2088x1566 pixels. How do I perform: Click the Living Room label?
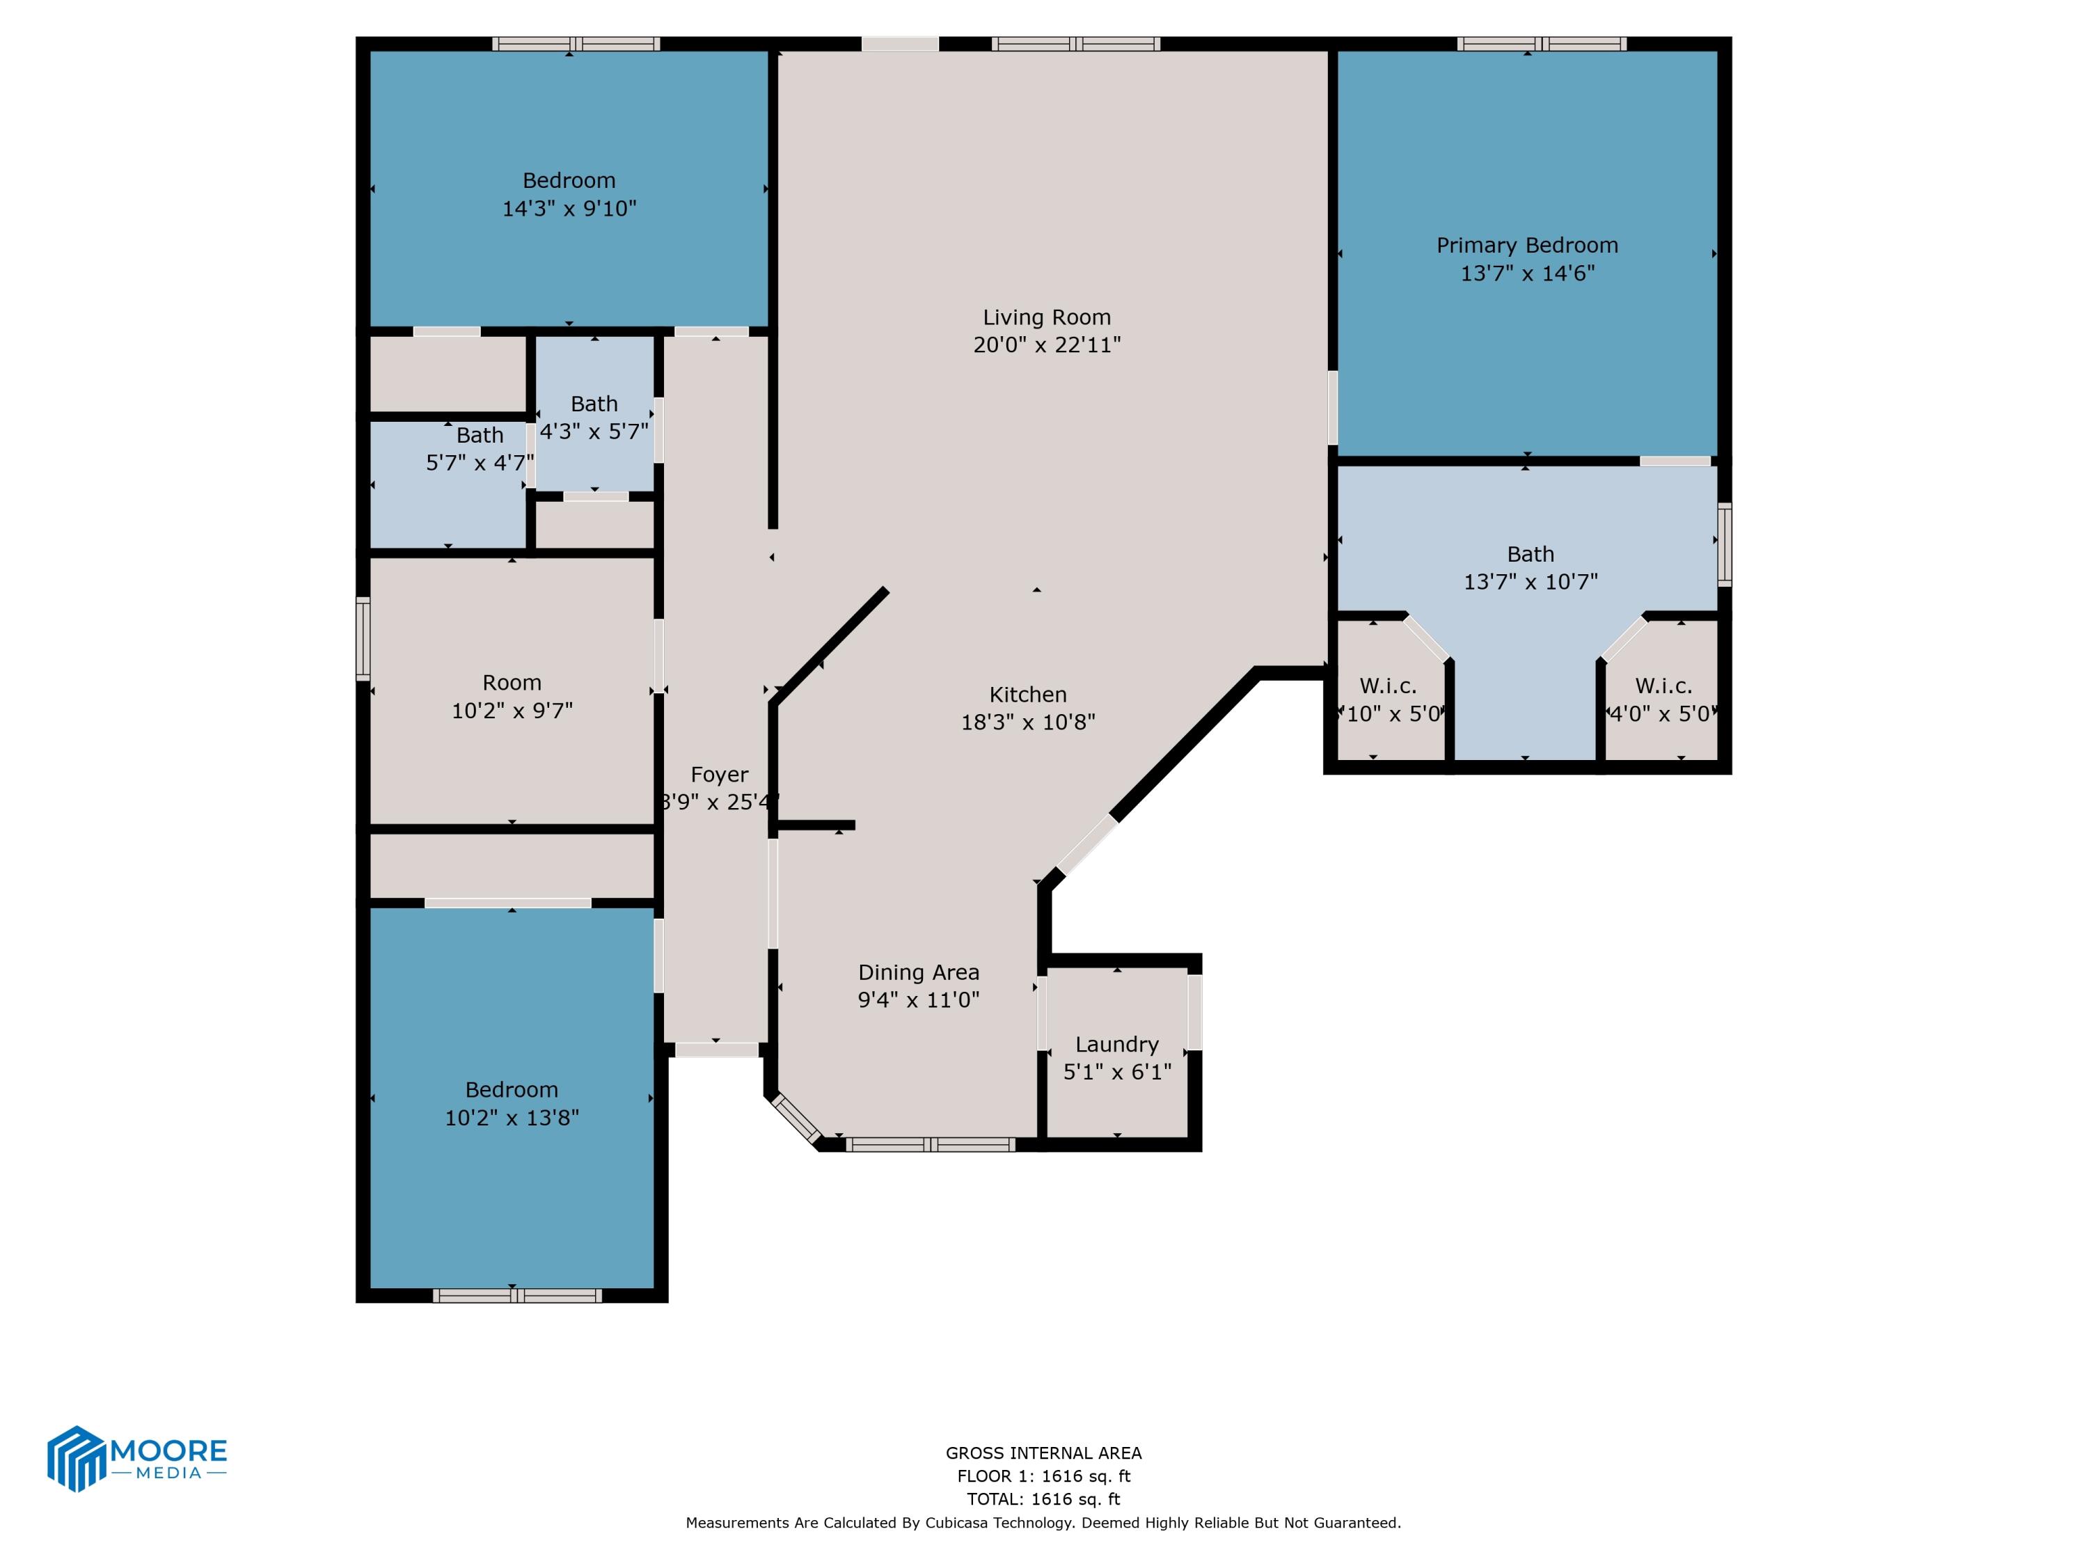click(x=1046, y=317)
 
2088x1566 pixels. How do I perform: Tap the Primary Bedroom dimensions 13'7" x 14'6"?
click(x=1526, y=274)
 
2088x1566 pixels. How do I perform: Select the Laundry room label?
click(x=1116, y=1044)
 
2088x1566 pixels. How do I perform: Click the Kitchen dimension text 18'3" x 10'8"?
click(x=1027, y=722)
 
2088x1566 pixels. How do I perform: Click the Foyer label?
click(x=718, y=775)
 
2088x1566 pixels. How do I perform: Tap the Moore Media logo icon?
click(x=75, y=1458)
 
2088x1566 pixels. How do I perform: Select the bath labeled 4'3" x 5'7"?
click(x=594, y=417)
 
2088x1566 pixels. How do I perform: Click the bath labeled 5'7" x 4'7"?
click(x=479, y=448)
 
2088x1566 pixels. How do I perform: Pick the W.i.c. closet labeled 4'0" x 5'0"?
click(x=1662, y=699)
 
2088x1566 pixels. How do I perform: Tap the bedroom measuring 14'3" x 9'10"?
click(x=568, y=193)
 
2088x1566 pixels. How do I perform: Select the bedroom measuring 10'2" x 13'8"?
click(x=511, y=1102)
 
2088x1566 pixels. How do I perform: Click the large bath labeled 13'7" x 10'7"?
click(x=1529, y=567)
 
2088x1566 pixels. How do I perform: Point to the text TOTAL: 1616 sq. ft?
click(x=1043, y=1499)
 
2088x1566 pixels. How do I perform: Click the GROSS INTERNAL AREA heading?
click(x=1043, y=1454)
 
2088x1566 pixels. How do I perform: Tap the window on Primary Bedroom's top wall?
click(x=1540, y=43)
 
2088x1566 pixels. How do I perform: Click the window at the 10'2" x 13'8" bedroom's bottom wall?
click(x=516, y=1296)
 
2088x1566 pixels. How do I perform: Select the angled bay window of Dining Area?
click(x=796, y=1119)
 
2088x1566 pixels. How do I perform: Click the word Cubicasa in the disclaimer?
click(x=959, y=1523)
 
